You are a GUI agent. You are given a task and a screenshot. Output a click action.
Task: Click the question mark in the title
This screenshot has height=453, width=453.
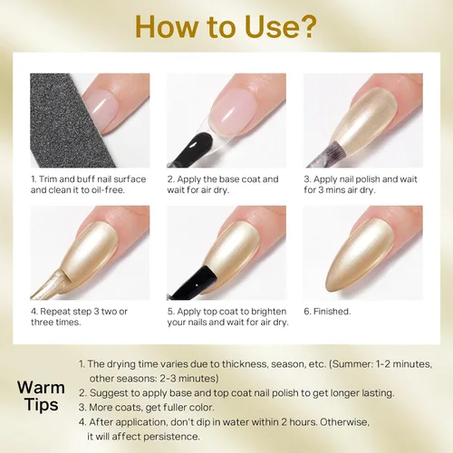coord(306,26)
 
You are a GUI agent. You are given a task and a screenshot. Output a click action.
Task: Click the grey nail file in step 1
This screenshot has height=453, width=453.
coord(70,120)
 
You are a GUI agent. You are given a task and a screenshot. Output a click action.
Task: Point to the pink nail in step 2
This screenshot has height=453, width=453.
coord(233,112)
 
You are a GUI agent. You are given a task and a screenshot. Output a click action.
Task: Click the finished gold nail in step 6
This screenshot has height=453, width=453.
coord(360,256)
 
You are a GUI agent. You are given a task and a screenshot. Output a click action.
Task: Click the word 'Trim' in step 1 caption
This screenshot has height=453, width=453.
coord(48,179)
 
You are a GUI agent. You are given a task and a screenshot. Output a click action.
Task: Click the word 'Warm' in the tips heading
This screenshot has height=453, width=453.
coord(41,388)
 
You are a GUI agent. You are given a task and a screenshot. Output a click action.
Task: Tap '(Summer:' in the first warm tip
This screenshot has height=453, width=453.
coord(351,364)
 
